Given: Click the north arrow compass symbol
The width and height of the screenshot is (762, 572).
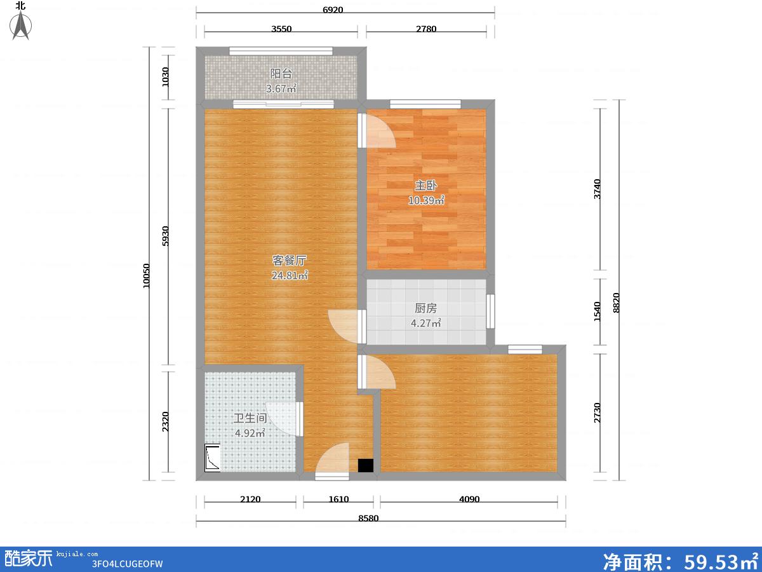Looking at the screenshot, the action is pyautogui.click(x=20, y=25).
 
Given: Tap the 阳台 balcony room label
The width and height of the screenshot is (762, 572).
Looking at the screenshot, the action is pyautogui.click(x=281, y=73).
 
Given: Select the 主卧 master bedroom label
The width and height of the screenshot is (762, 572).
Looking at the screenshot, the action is pyautogui.click(x=425, y=186).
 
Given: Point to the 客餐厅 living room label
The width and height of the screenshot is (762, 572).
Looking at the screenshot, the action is pyautogui.click(x=289, y=260).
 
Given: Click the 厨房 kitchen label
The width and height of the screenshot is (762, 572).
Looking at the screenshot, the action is pyautogui.click(x=425, y=308).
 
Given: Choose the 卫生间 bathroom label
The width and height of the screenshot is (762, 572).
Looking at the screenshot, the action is pyautogui.click(x=250, y=418).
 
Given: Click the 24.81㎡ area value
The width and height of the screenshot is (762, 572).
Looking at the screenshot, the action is pyautogui.click(x=290, y=275).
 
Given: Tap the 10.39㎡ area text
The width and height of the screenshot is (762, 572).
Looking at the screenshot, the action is pyautogui.click(x=426, y=200).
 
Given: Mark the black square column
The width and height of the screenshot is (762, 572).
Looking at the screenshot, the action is pyautogui.click(x=366, y=465).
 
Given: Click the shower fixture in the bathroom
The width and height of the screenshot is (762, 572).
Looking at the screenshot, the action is pyautogui.click(x=212, y=458).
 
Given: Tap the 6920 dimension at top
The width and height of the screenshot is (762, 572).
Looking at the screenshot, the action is pyautogui.click(x=333, y=10).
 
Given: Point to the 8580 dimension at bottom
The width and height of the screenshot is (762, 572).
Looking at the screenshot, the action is pyautogui.click(x=368, y=518).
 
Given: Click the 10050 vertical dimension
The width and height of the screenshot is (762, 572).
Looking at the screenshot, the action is pyautogui.click(x=146, y=276).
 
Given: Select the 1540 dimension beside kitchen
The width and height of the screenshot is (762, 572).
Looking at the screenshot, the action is pyautogui.click(x=597, y=311).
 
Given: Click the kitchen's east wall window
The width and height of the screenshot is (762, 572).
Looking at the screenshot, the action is pyautogui.click(x=490, y=311).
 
